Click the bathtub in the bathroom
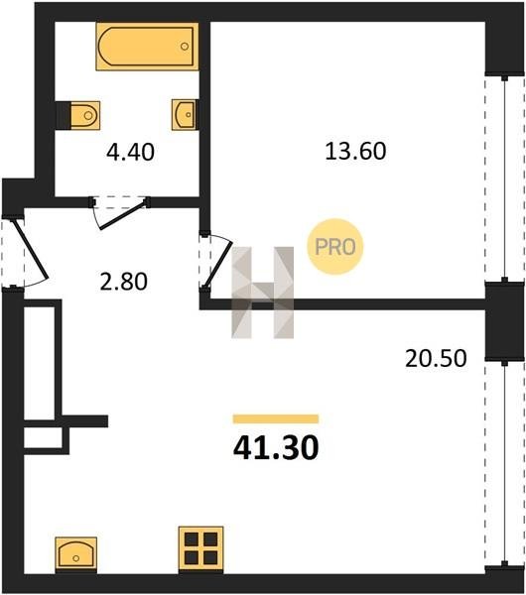147,47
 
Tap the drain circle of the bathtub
185,47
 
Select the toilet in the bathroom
78,115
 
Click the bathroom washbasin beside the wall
185,115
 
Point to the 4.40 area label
130,153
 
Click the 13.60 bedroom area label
355,151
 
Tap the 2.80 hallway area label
123,283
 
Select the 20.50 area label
436,359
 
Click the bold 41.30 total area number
276,447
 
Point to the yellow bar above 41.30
276,418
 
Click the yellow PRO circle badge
335,247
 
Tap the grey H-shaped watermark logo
262,293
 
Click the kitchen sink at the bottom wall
76,553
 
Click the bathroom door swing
120,213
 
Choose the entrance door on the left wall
24,251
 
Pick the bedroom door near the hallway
215,262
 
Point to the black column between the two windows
504,321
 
